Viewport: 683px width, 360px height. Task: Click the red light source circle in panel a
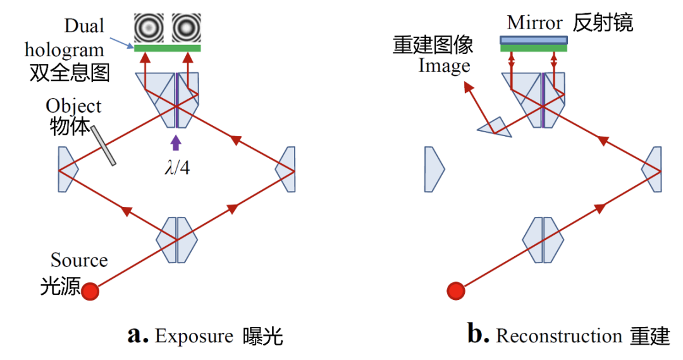pyautogui.click(x=90, y=291)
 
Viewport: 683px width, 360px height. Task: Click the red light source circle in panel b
pyautogui.click(x=456, y=291)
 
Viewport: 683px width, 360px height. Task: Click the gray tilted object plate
pyautogui.click(x=103, y=146)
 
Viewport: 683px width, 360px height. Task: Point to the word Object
pyautogui.click(x=73, y=106)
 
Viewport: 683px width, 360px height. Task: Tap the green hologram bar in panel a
pyautogui.click(x=167, y=48)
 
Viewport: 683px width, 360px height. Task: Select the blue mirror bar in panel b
pyautogui.click(x=534, y=40)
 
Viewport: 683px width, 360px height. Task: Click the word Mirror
pyautogui.click(x=535, y=23)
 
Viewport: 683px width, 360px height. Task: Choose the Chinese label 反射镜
pyautogui.click(x=603, y=23)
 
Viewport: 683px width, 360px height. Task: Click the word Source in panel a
pyautogui.click(x=79, y=260)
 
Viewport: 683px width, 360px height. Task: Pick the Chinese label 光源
pyautogui.click(x=61, y=286)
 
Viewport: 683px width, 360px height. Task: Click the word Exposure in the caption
pyautogui.click(x=194, y=336)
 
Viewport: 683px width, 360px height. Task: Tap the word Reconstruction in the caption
pyautogui.click(x=559, y=336)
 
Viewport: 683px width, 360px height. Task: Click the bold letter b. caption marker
pyautogui.click(x=478, y=334)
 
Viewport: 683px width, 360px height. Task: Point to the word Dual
pyautogui.click(x=84, y=27)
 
